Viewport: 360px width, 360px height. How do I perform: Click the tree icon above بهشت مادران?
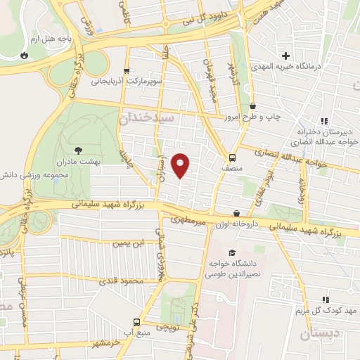pos(78,150)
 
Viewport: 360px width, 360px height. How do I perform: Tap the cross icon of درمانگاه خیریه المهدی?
pos(285,56)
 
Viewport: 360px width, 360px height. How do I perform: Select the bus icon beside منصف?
pos(233,157)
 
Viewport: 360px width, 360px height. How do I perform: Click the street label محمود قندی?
pos(127,282)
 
